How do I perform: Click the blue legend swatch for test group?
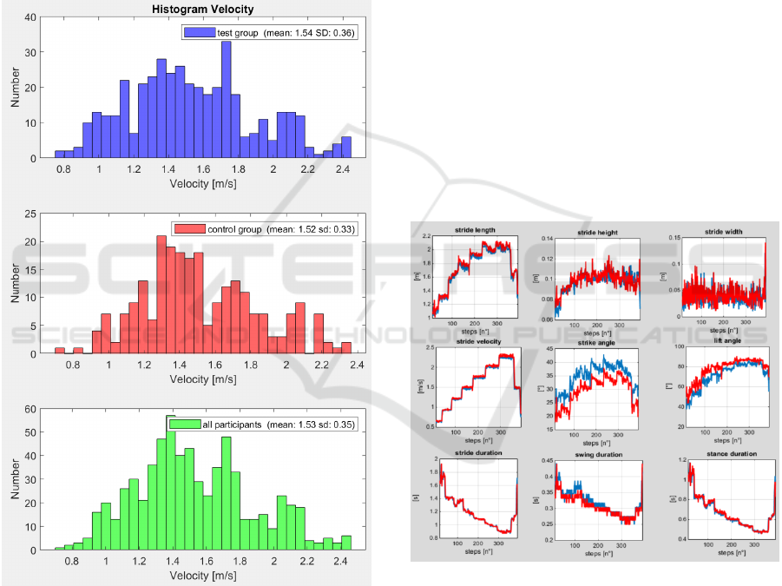pos(197,33)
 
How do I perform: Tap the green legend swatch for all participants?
pos(184,425)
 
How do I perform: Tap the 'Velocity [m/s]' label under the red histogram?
pos(202,379)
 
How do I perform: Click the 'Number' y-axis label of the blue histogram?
pos(15,88)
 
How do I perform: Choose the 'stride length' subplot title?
pos(475,230)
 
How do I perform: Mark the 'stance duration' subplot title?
pos(724,453)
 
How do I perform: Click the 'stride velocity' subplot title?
pos(475,342)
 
